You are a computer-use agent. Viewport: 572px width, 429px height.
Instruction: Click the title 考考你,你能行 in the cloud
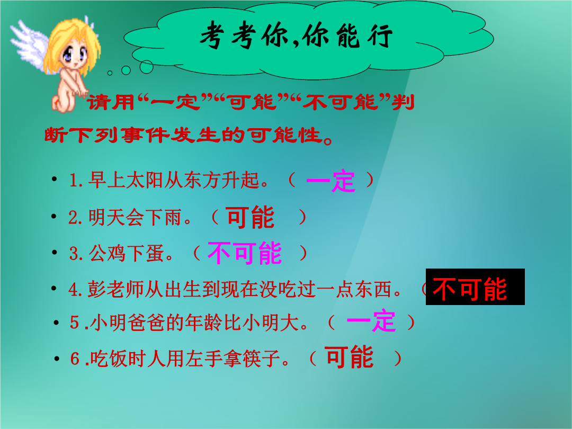(296, 35)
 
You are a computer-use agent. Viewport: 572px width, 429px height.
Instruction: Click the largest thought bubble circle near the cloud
(147, 67)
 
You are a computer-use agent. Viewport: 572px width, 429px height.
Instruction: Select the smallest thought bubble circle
(110, 73)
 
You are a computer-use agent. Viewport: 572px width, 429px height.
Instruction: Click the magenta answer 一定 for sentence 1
(330, 181)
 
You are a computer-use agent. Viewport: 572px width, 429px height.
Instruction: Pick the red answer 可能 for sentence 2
(250, 218)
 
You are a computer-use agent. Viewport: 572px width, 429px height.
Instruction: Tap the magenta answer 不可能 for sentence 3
(244, 253)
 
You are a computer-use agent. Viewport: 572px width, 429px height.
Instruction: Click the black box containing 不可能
(475, 287)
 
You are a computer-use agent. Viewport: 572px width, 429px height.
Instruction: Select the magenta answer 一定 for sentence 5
(371, 320)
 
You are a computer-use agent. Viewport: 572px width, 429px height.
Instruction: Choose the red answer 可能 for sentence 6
(350, 357)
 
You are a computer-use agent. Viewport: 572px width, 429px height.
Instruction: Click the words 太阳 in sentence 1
(145, 180)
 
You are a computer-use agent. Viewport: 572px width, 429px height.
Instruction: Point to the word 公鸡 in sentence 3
(107, 253)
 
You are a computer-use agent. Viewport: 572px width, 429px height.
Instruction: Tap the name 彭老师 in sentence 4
(115, 289)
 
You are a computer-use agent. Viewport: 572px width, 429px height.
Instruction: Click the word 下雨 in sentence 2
(163, 218)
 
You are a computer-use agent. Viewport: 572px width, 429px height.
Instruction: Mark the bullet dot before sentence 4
(54, 288)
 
